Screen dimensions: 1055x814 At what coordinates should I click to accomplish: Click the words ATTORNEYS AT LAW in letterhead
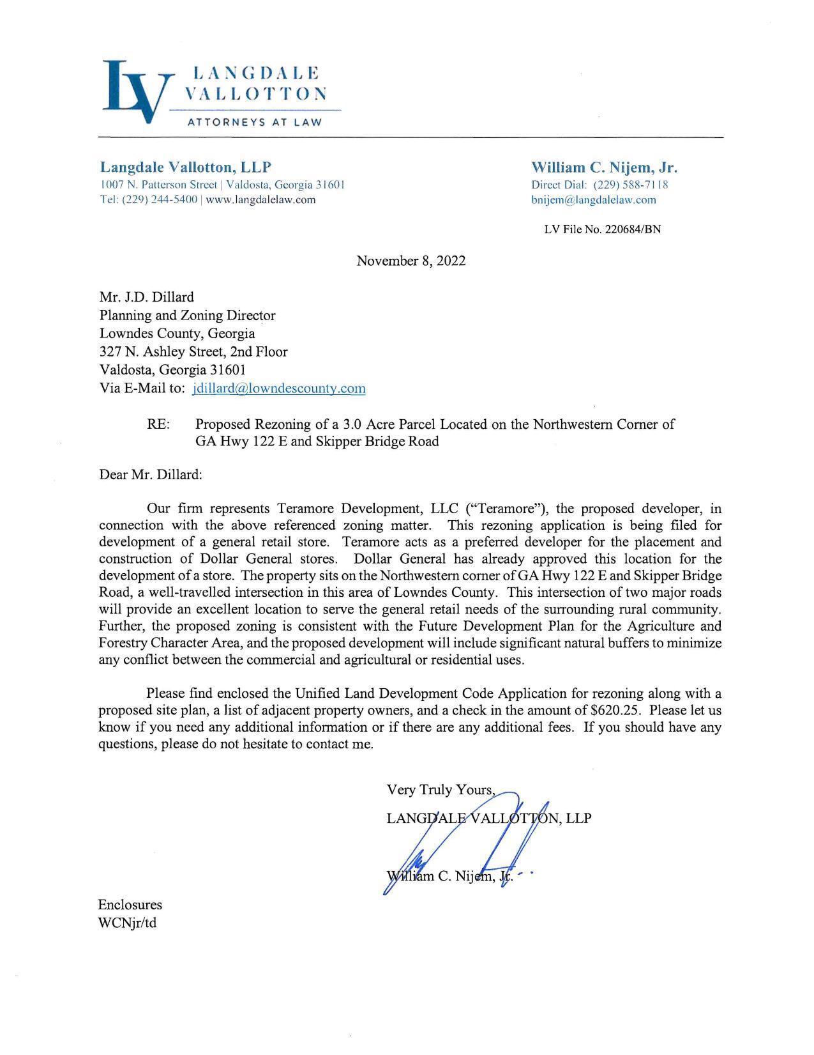pyautogui.click(x=254, y=122)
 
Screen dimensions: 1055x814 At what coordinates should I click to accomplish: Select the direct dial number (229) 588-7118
pyautogui.click(x=631, y=185)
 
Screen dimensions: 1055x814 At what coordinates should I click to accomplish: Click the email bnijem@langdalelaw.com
pyautogui.click(x=593, y=199)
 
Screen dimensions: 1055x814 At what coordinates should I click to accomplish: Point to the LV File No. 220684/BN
pyautogui.click(x=602, y=229)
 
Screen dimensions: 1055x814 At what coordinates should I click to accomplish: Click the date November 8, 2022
pyautogui.click(x=411, y=261)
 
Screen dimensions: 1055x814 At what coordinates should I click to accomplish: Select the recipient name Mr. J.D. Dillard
pyautogui.click(x=147, y=297)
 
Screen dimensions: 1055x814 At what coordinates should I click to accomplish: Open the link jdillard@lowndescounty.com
pyautogui.click(x=278, y=388)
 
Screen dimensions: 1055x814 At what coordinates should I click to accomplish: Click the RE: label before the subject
pyautogui.click(x=158, y=424)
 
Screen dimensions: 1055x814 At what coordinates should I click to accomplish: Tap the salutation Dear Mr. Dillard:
pyautogui.click(x=151, y=475)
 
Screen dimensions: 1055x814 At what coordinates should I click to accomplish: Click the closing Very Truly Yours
pyautogui.click(x=440, y=790)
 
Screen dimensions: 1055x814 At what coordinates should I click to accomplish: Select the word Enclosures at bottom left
pyautogui.click(x=130, y=905)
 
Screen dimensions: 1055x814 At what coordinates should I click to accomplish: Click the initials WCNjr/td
pyautogui.click(x=127, y=923)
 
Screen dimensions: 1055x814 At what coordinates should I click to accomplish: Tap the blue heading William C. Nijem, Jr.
pyautogui.click(x=604, y=167)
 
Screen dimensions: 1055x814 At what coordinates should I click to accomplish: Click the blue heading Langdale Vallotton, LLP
pyautogui.click(x=186, y=167)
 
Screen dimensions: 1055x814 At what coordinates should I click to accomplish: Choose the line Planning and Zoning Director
pyautogui.click(x=188, y=315)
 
